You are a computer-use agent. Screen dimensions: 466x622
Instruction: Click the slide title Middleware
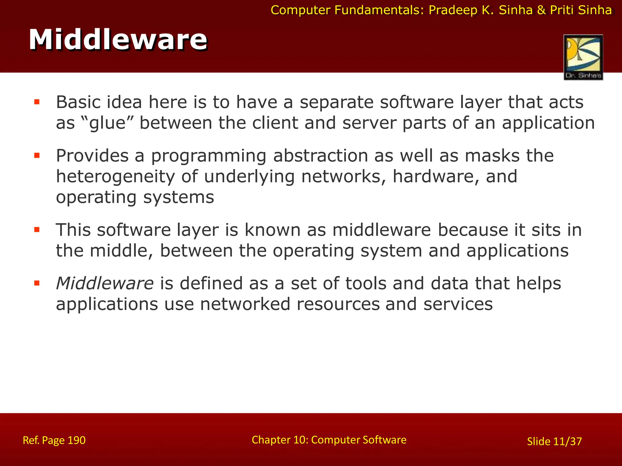[x=118, y=40]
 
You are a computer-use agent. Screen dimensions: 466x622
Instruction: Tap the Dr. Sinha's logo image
[x=583, y=57]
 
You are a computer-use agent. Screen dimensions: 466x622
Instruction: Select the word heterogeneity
[x=115, y=177]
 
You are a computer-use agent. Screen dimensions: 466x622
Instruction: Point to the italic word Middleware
[x=105, y=283]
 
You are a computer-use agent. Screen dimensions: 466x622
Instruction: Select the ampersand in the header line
[x=541, y=10]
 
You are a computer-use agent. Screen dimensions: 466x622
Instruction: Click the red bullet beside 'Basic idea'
[x=37, y=102]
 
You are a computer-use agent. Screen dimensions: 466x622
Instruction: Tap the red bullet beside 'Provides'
[x=37, y=156]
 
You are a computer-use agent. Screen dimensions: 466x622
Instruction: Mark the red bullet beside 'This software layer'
[x=37, y=230]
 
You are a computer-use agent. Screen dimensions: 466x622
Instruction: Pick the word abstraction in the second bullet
[x=320, y=156]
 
